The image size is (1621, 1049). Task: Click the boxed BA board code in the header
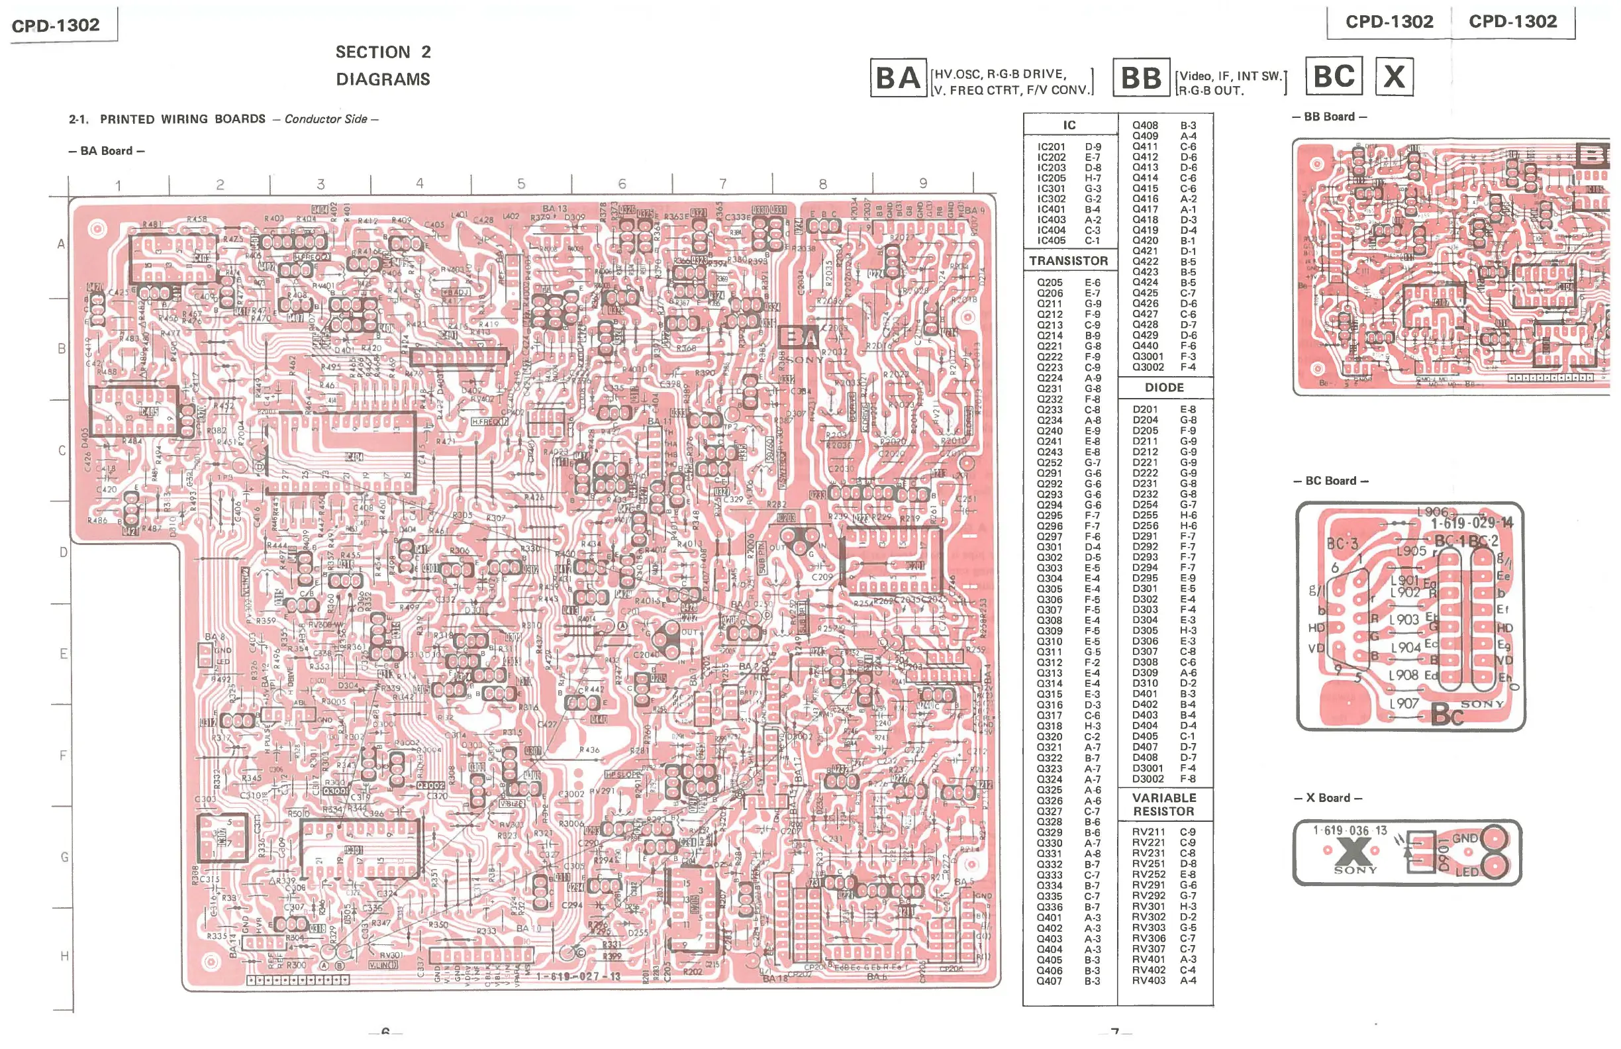(x=898, y=77)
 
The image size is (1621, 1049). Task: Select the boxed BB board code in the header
(x=1141, y=77)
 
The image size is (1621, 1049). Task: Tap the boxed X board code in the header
(x=1393, y=76)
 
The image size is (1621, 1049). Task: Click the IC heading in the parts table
(x=1069, y=125)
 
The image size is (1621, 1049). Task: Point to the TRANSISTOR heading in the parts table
(x=1068, y=261)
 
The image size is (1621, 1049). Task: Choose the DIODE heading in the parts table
(x=1164, y=387)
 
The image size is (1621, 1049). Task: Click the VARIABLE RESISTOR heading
(x=1163, y=805)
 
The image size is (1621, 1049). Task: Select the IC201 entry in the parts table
(x=1051, y=146)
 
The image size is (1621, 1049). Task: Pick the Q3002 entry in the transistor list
(x=1148, y=367)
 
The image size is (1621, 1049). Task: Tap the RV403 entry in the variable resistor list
(x=1148, y=980)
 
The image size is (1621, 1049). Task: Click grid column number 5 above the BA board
(x=521, y=183)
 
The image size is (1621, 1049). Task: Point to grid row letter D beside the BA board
(x=64, y=552)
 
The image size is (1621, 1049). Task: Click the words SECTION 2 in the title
(x=383, y=52)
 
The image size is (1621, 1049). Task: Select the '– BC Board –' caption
(x=1330, y=481)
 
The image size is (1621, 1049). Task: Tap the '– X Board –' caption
(x=1328, y=797)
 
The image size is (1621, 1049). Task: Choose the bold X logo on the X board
(x=1354, y=851)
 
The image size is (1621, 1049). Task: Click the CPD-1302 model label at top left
(x=56, y=25)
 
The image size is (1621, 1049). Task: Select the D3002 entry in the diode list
(x=1148, y=779)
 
